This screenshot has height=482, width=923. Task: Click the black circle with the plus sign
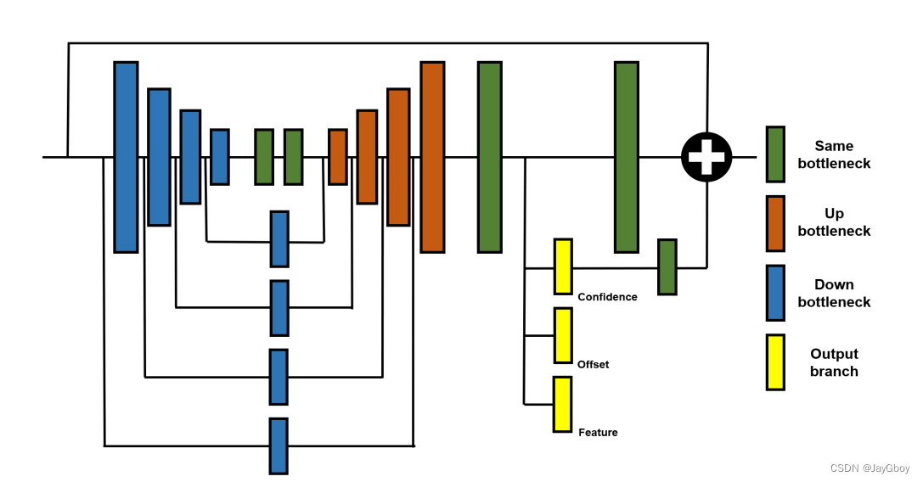pos(706,157)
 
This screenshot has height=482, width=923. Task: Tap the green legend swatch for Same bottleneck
pos(774,154)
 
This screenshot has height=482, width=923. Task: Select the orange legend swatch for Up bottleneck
pos(774,223)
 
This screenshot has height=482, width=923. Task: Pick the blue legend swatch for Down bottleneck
pos(774,293)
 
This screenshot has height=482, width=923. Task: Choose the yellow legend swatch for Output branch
pos(774,362)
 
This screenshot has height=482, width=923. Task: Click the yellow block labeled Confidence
pos(563,266)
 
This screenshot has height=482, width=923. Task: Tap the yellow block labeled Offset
pos(563,335)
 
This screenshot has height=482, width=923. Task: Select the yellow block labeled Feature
pos(563,404)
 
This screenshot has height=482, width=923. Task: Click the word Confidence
pos(607,297)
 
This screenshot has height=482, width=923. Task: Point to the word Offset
pos(593,365)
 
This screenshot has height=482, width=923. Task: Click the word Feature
pos(598,433)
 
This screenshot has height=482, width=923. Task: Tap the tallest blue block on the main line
pos(126,157)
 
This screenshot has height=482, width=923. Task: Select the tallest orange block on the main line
pos(432,157)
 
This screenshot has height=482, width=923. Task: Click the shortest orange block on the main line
pos(338,157)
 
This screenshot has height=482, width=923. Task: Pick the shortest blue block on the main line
pos(220,157)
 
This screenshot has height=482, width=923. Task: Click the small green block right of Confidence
pos(667,266)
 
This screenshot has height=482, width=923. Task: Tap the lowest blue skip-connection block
pos(279,446)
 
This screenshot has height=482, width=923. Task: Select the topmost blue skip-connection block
pos(279,239)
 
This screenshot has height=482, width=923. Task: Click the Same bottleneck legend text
pos(834,154)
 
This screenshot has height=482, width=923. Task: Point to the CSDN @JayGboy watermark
pos(870,468)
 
